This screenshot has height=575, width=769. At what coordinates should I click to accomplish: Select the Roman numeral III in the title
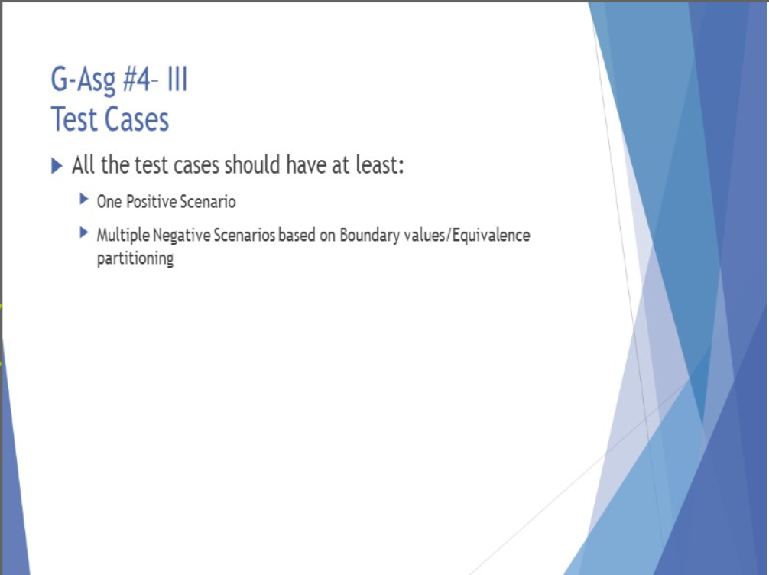click(177, 79)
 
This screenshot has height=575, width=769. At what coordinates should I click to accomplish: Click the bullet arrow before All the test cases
click(57, 166)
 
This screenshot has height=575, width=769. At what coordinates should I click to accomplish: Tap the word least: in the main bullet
click(380, 164)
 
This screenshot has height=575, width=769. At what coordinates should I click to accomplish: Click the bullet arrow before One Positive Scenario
click(84, 199)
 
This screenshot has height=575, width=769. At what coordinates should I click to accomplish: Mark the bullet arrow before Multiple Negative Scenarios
click(84, 232)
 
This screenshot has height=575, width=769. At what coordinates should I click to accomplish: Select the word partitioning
click(135, 258)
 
